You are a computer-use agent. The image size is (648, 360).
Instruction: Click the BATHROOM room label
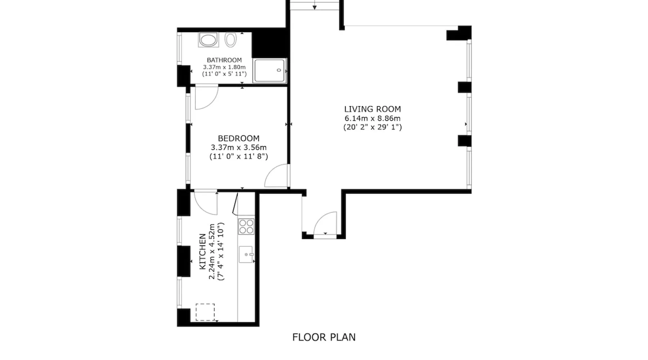coord(224,60)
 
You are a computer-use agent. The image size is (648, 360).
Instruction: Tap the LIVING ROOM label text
coord(372,109)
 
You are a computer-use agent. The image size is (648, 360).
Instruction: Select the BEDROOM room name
coord(239,138)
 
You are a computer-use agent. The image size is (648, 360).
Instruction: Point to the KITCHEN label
coord(203,251)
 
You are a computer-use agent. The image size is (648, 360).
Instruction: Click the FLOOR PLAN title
coord(324,337)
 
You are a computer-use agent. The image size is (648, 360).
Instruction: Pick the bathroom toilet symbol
coord(230,40)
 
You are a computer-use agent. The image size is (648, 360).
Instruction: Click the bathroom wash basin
coord(208,40)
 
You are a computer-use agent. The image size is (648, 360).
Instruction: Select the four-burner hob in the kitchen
coord(246,226)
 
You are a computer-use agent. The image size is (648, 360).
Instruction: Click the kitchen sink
coord(246,255)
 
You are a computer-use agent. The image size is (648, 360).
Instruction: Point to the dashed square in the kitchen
coord(205,312)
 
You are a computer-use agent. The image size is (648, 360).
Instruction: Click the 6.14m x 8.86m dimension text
coord(372,118)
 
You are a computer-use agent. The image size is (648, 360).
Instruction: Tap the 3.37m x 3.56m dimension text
coord(239,148)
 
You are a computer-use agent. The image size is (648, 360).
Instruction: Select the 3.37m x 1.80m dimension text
coord(224,67)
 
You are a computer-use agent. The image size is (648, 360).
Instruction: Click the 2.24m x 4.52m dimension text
coord(212,251)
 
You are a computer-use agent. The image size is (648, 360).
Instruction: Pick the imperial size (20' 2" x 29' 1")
coord(372,127)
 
